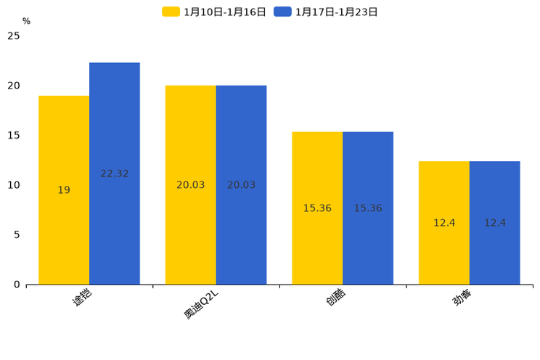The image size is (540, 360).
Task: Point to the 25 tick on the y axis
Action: (x=14, y=36)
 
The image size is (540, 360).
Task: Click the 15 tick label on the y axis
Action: (x=14, y=135)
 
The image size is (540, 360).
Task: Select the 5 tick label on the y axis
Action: (x=17, y=234)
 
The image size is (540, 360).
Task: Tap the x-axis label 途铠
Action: (x=81, y=297)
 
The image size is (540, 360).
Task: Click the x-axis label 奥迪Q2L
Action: (x=201, y=303)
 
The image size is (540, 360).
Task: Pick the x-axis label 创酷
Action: (x=335, y=297)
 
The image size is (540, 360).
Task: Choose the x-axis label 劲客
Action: (x=462, y=297)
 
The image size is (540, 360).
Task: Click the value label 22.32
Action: (x=115, y=173)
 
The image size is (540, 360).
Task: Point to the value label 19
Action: (x=64, y=190)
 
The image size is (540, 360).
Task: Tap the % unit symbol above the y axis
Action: (x=26, y=22)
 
